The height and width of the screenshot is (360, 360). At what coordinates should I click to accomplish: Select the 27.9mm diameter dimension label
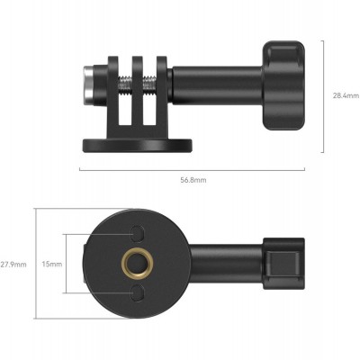13,265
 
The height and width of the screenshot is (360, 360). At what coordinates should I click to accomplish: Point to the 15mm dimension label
54,265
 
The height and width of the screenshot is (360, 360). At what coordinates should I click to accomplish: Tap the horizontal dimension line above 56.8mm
193,167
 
